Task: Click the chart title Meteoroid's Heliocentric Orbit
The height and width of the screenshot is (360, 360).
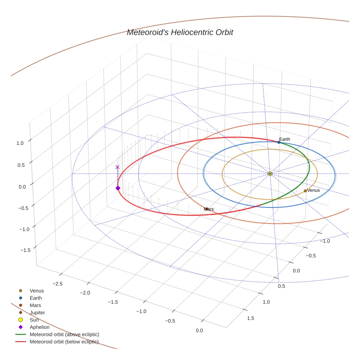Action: click(x=180, y=32)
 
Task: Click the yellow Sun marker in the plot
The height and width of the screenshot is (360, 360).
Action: click(x=270, y=173)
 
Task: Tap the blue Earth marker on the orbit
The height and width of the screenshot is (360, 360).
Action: click(x=279, y=142)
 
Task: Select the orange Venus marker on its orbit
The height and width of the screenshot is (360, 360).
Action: click(x=305, y=191)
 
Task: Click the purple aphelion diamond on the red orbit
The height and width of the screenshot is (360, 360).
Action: click(x=118, y=188)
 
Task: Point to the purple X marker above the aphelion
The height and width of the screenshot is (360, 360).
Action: click(x=117, y=167)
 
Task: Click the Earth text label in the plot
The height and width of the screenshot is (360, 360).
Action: click(x=285, y=139)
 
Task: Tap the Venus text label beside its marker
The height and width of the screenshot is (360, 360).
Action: click(x=314, y=190)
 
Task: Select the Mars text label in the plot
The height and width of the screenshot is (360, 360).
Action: click(x=209, y=209)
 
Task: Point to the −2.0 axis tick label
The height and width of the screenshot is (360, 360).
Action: click(x=85, y=293)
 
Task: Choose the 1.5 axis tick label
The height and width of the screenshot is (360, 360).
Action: click(x=250, y=318)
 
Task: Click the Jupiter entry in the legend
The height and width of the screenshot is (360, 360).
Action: click(x=37, y=312)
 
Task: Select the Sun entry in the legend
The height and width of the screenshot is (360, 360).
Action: click(x=34, y=320)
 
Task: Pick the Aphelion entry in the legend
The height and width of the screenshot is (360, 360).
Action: click(x=40, y=327)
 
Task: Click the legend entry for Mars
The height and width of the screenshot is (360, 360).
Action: click(x=35, y=305)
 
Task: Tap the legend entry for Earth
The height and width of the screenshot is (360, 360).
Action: click(x=36, y=298)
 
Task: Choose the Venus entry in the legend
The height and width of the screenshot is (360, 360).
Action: click(x=37, y=290)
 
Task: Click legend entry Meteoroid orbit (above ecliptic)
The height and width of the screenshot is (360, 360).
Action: click(x=64, y=334)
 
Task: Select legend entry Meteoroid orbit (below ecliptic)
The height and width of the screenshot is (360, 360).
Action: click(x=64, y=342)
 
